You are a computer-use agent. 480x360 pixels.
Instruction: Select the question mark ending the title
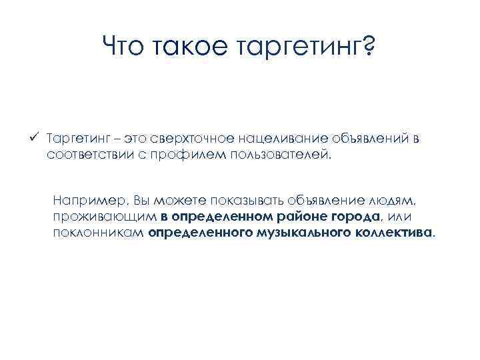tap(368, 47)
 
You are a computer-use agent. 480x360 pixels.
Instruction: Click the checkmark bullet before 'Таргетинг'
tap(39, 137)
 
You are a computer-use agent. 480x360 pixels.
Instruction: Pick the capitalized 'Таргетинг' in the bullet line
tap(74, 139)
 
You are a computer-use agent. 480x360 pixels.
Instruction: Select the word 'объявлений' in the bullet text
tap(355, 139)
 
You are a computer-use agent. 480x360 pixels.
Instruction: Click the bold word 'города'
tap(357, 217)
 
